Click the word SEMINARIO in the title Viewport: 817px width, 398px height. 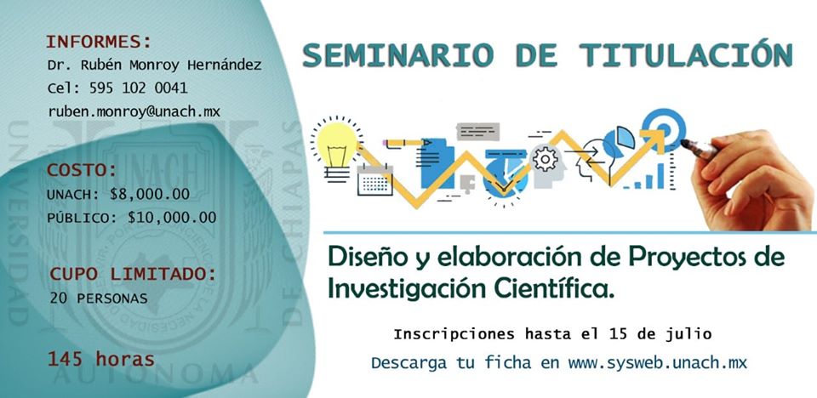click(398, 55)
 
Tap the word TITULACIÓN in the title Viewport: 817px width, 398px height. click(686, 54)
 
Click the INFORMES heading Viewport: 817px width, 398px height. click(99, 41)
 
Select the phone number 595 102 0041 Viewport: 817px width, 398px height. click(138, 88)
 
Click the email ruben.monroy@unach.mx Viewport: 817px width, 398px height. click(134, 111)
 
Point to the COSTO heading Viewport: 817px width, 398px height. click(82, 170)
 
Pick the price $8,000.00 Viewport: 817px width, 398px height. click(150, 194)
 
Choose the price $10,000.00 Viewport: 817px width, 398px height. click(172, 217)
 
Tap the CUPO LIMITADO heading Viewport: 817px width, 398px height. click(133, 274)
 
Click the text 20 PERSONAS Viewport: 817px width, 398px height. click(99, 298)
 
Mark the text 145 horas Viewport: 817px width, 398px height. click(101, 359)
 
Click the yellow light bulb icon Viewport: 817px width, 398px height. click(337, 146)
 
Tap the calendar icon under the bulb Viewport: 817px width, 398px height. click(375, 179)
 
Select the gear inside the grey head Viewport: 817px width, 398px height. click(546, 158)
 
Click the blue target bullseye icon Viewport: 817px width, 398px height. click(663, 128)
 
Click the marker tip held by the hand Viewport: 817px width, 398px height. click(684, 142)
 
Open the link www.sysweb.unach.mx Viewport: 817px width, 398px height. click(658, 362)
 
